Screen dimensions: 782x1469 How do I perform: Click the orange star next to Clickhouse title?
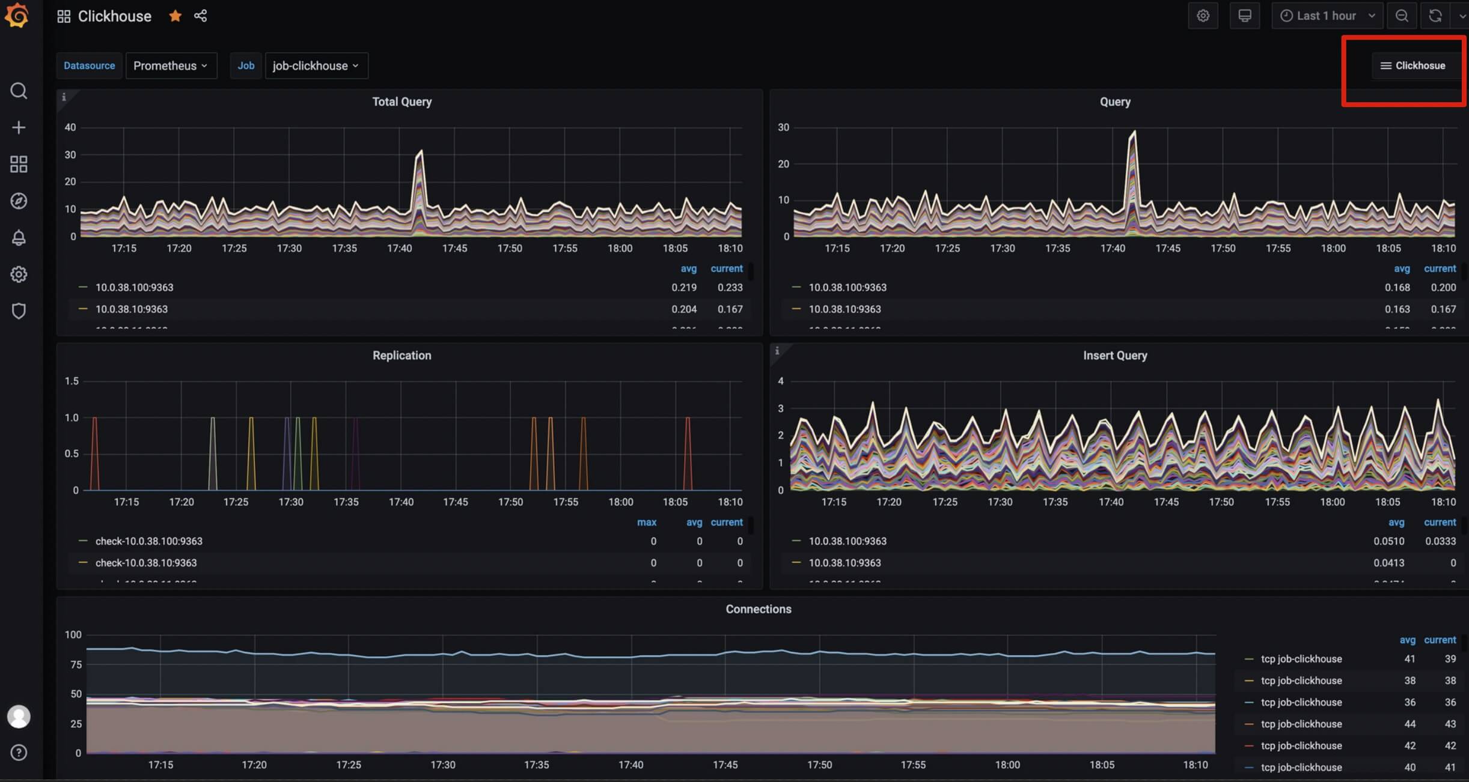[175, 16]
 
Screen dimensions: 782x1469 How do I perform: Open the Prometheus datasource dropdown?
[171, 65]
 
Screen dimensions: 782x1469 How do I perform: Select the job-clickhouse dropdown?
[316, 65]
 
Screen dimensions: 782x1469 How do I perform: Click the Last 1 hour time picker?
[1327, 16]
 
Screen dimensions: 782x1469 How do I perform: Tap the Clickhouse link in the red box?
[1413, 65]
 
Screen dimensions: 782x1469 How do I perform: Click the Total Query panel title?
[402, 102]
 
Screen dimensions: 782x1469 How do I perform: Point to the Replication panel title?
[402, 356]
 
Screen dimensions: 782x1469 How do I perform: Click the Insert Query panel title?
[1115, 356]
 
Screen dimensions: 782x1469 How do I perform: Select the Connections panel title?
[758, 609]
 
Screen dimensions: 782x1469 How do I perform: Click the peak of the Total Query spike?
[421, 151]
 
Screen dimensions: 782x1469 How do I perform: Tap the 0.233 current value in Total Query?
[730, 288]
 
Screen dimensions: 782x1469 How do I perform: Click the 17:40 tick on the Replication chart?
[401, 502]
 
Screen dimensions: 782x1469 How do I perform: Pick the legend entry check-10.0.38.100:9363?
[148, 541]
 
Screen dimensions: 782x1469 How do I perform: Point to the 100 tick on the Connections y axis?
[73, 635]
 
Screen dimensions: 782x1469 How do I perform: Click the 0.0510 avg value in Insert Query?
[1388, 541]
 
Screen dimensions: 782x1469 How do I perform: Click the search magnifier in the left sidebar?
[19, 91]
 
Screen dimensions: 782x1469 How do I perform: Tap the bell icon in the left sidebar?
[19, 238]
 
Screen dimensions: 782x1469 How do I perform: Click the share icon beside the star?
[201, 16]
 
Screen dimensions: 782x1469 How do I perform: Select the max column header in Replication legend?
[646, 523]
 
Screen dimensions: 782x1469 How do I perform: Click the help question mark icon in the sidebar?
[19, 753]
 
